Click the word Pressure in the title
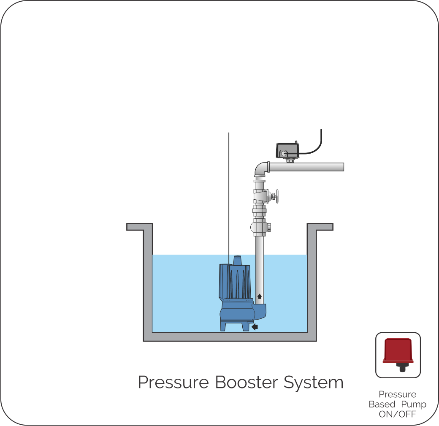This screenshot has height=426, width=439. [x=173, y=383]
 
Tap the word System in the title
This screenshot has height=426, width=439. [x=313, y=383]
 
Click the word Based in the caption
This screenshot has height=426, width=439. [x=382, y=404]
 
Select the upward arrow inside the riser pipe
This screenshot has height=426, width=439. [x=259, y=296]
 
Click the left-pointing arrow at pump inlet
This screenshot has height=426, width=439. [x=255, y=326]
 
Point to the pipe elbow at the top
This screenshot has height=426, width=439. [x=261, y=169]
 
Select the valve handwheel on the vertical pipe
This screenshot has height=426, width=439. [x=276, y=196]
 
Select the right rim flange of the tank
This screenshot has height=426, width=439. [x=320, y=227]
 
